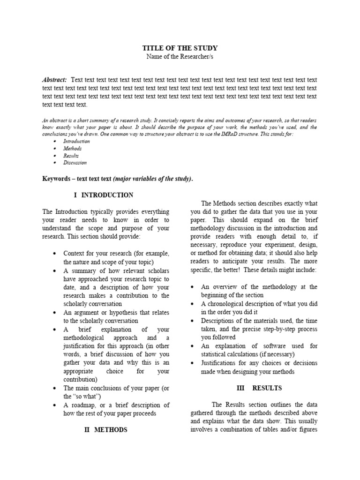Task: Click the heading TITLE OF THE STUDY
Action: (x=180, y=48)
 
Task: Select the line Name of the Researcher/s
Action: (x=180, y=57)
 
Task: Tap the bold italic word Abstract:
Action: (x=54, y=80)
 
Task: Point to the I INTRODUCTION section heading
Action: (x=107, y=195)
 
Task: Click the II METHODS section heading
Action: (x=105, y=430)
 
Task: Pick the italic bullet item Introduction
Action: (x=76, y=141)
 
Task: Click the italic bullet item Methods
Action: (x=73, y=148)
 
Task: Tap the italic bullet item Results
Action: (x=71, y=155)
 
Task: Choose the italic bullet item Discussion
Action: (x=75, y=163)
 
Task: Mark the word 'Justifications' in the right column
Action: (x=220, y=363)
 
